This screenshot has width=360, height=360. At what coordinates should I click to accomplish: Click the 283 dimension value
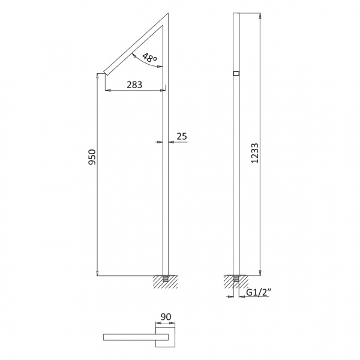pos(134,85)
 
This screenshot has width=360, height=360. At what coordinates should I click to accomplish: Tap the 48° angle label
pos(149,58)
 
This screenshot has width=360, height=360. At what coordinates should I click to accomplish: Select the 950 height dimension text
pos(92,157)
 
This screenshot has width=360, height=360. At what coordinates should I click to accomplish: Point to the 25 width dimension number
pos(182,136)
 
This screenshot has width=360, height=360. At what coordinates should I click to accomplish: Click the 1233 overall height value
pos(254,153)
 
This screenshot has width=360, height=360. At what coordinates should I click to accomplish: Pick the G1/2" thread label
pos(259,293)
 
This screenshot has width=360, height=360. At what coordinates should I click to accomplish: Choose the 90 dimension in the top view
pos(166,317)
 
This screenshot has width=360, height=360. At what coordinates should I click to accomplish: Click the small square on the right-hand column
pos(236,73)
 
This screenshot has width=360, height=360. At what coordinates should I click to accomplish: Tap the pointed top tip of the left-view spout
pos(168,14)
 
